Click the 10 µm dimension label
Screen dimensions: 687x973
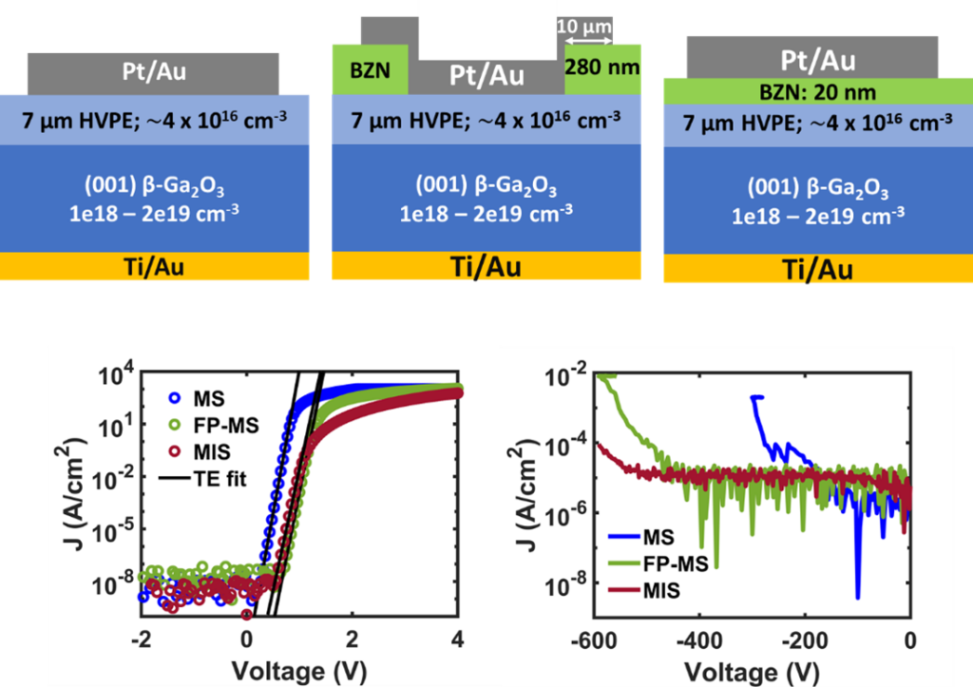[587, 29]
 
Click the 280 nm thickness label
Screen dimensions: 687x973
[602, 68]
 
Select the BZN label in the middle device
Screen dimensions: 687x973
[370, 70]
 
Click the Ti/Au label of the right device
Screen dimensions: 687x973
[816, 269]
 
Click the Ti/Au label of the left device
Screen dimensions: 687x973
[155, 267]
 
